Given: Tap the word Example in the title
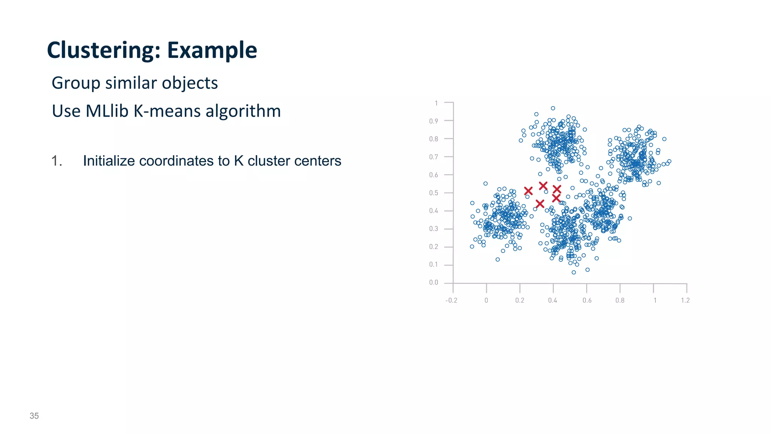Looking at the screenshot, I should tap(212, 50).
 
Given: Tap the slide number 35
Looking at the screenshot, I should tap(34, 416).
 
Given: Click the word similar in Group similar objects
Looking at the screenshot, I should tap(131, 83).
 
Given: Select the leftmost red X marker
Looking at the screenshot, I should tap(528, 191).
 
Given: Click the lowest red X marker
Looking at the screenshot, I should tap(540, 204).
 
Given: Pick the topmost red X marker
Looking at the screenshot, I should tap(543, 186).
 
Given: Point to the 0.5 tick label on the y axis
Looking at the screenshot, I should tap(434, 193).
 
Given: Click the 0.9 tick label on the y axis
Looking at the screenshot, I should tap(434, 121).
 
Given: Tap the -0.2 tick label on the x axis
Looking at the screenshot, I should tap(451, 300).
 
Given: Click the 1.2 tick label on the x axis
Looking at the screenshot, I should tap(685, 300).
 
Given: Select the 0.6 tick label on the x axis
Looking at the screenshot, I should tap(587, 300).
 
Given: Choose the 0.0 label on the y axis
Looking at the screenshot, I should tap(434, 282).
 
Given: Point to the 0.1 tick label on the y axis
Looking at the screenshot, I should tap(434, 265).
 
